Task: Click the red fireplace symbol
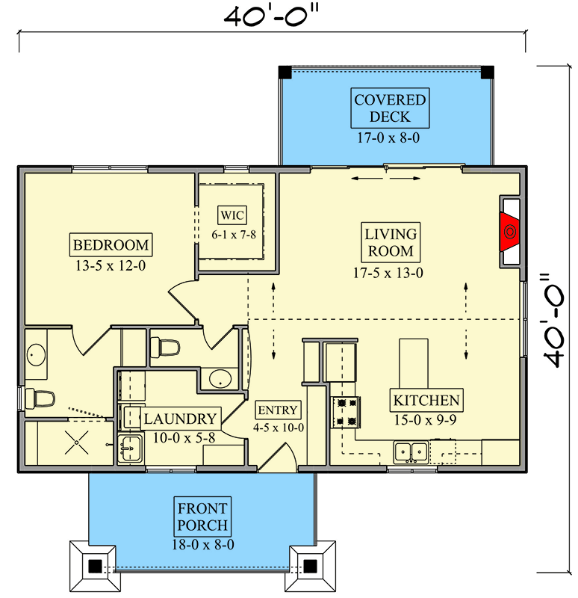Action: click(x=509, y=232)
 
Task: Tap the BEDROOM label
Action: click(x=111, y=244)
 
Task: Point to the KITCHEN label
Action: click(x=427, y=400)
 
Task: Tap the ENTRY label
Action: click(x=279, y=410)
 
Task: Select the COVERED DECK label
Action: click(x=390, y=108)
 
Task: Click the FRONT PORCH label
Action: click(x=202, y=516)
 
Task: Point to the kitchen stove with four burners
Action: click(x=346, y=411)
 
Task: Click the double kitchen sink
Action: click(x=411, y=451)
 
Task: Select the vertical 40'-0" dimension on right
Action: click(x=557, y=321)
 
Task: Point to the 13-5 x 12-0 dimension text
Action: click(x=111, y=265)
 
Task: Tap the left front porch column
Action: click(x=93, y=567)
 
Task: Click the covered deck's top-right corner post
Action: click(x=486, y=73)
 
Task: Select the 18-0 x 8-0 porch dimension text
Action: click(x=202, y=545)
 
